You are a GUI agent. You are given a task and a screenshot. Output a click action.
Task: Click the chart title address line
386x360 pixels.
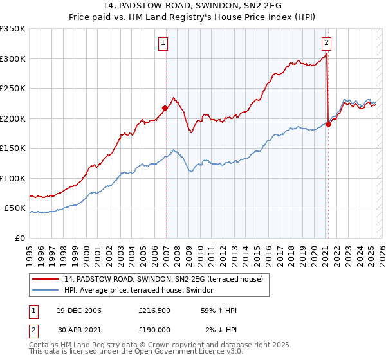click(192, 5)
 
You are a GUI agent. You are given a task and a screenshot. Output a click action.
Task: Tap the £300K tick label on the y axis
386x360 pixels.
click(13, 59)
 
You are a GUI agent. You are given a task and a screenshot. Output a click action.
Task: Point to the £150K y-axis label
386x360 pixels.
click(13, 148)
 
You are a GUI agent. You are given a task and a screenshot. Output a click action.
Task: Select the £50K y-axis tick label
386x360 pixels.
click(15, 208)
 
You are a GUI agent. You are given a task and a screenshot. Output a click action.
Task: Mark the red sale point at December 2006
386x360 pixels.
click(165, 108)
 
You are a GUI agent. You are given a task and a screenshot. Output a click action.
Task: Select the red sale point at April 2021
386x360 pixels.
click(328, 124)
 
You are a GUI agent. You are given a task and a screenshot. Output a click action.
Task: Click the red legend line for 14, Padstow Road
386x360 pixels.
click(45, 279)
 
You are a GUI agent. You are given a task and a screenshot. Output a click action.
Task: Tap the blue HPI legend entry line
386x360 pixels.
click(45, 290)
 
